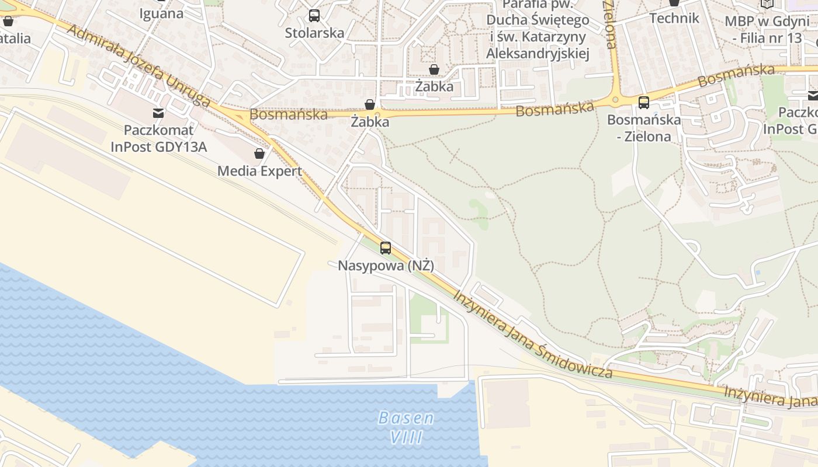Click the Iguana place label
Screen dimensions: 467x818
(161, 13)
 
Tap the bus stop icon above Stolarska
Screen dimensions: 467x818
(314, 16)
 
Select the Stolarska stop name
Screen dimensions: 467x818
(314, 33)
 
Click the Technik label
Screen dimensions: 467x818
(674, 18)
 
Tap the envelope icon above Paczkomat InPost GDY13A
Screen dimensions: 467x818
(158, 113)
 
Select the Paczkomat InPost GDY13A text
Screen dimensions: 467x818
(158, 138)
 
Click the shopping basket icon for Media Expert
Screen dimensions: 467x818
(259, 154)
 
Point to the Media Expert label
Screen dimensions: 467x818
(259, 171)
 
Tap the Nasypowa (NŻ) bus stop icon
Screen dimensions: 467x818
(386, 248)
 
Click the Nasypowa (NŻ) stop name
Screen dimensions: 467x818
(386, 266)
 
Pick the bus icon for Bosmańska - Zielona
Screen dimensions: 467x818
(644, 103)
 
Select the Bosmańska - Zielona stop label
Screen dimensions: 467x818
(644, 128)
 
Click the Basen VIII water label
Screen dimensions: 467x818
(406, 427)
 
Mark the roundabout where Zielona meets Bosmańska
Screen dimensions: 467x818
(615, 100)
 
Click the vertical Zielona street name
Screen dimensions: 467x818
(609, 25)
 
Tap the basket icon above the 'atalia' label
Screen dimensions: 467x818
(8, 21)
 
